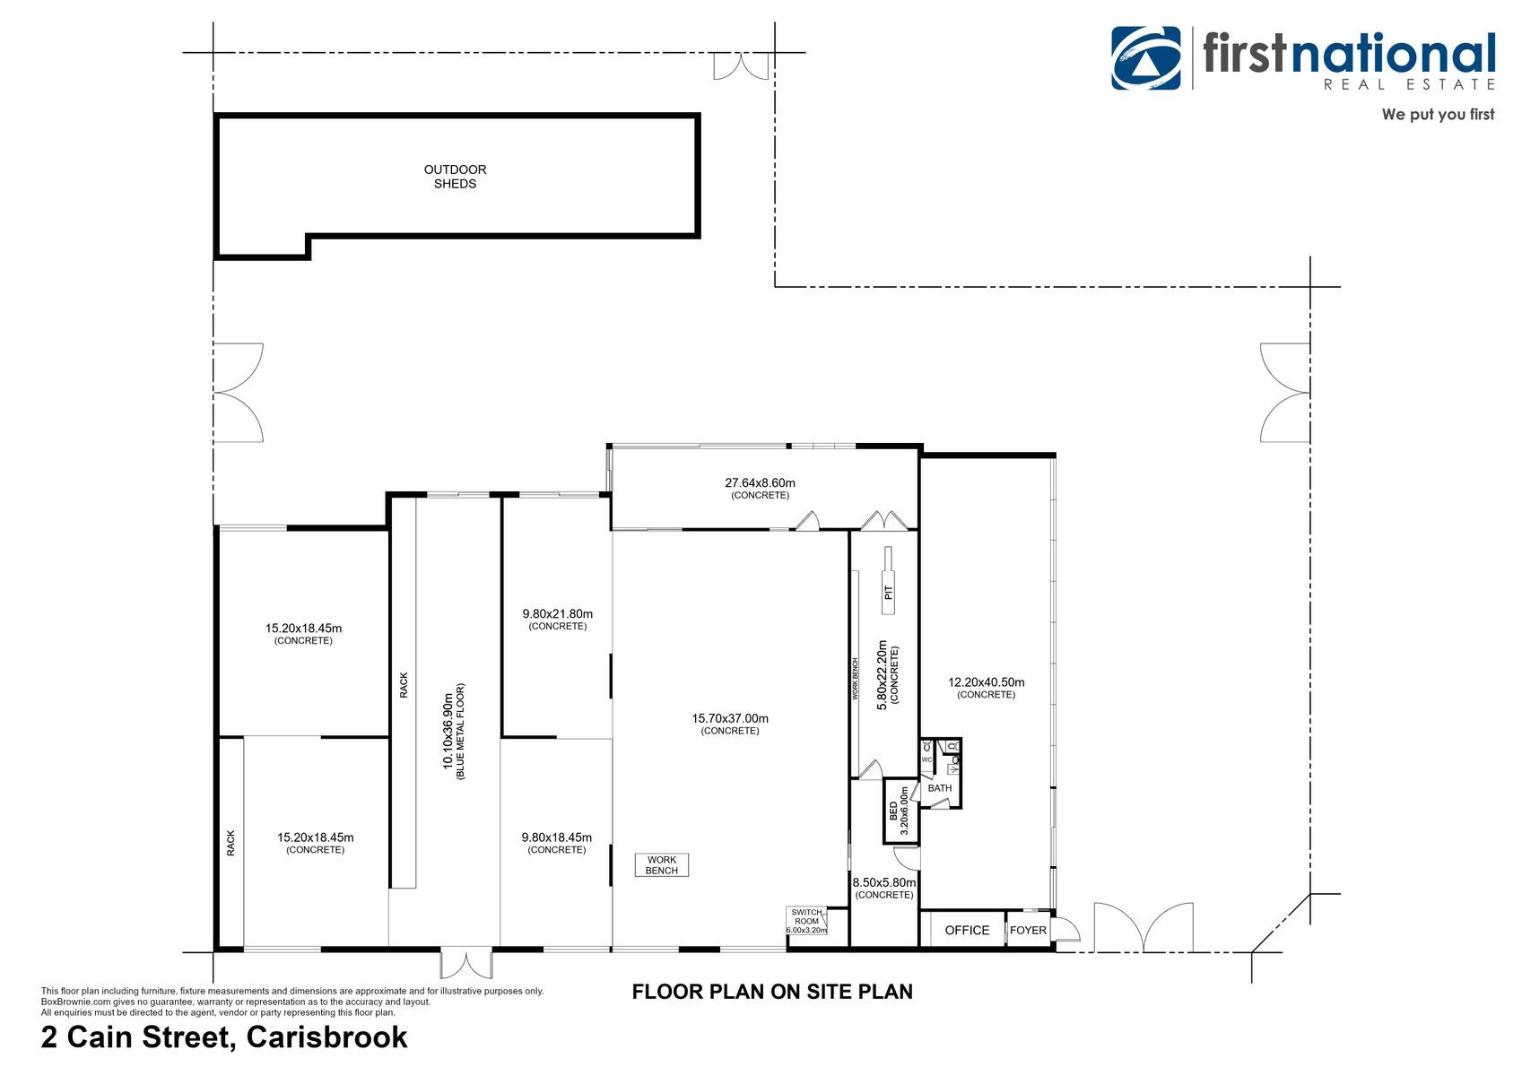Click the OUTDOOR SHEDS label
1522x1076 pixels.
point(455,177)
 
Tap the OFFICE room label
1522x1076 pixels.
point(966,930)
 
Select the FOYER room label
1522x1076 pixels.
point(1027,930)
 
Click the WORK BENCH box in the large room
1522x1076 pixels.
point(661,864)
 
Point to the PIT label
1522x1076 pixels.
point(888,593)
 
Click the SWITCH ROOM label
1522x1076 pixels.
point(806,921)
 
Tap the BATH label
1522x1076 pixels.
point(940,788)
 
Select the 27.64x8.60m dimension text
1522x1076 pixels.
point(760,483)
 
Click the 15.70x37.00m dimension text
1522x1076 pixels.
point(730,718)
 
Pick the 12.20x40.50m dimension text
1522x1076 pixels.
point(986,682)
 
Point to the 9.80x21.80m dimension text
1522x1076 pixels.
point(557,613)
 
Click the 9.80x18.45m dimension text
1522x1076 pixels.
point(556,837)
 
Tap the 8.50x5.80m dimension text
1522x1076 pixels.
point(884,882)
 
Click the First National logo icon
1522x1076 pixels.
point(1145,57)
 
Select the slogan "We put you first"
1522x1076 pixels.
point(1438,114)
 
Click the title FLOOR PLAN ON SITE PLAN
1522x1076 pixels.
point(772,992)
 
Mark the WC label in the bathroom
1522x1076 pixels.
point(926,759)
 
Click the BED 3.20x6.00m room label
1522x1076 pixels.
point(899,811)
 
